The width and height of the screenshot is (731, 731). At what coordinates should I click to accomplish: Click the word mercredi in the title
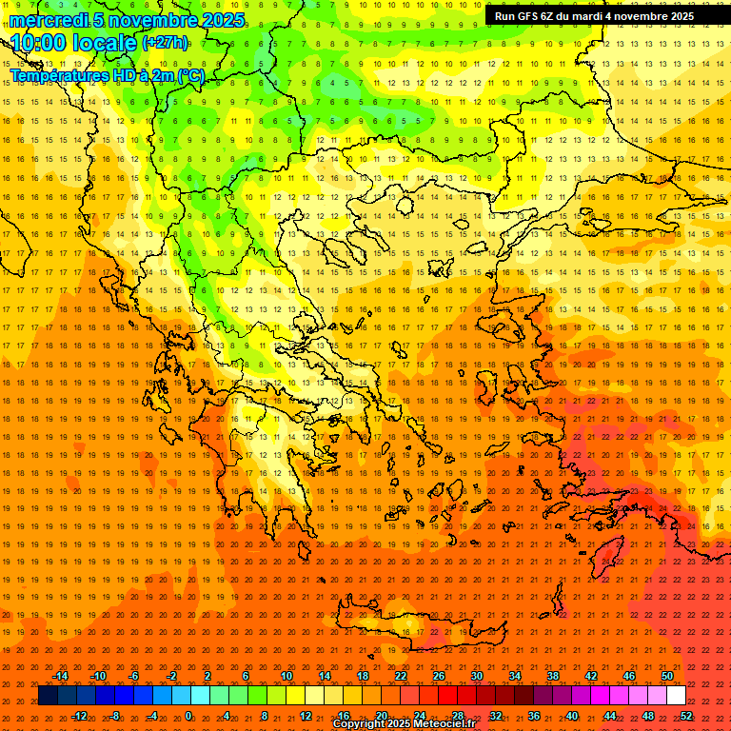(49, 20)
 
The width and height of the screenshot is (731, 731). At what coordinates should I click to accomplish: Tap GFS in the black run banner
(529, 16)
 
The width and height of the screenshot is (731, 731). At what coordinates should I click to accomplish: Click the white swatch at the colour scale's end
(676, 696)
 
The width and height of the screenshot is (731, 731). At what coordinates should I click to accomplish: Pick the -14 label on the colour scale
(60, 676)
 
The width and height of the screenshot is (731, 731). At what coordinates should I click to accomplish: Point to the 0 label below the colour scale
(188, 716)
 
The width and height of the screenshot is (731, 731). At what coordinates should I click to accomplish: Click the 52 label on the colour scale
(686, 716)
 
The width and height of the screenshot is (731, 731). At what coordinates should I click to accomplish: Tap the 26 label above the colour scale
(439, 676)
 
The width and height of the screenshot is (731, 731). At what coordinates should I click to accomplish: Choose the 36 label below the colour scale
(534, 716)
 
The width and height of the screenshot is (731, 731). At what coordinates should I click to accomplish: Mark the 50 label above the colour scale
(667, 676)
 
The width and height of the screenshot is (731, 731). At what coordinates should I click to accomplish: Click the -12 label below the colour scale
(79, 716)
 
